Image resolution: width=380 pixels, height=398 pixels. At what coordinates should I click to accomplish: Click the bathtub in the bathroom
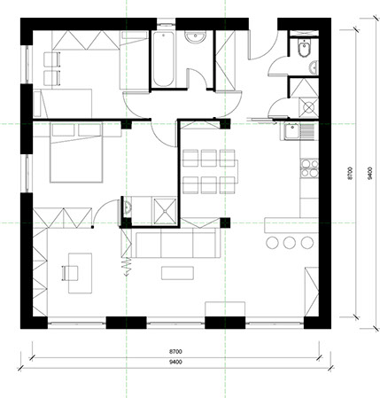click(x=163, y=59)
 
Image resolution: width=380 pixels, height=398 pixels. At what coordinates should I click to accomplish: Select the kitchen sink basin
click(x=292, y=131)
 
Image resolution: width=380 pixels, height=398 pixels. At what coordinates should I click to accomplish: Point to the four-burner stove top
click(x=309, y=168)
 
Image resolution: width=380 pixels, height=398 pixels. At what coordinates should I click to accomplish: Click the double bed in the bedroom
click(x=76, y=152)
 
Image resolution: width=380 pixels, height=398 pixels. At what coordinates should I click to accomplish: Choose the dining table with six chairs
click(x=210, y=171)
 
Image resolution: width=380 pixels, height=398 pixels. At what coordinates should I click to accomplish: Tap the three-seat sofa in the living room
click(x=175, y=243)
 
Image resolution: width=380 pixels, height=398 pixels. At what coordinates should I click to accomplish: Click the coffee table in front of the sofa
click(x=177, y=273)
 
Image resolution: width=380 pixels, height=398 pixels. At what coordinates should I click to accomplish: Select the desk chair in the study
click(x=70, y=273)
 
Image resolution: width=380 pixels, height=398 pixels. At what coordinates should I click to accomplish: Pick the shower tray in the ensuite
click(x=164, y=211)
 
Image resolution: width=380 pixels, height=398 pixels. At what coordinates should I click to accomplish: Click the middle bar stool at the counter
click(x=290, y=243)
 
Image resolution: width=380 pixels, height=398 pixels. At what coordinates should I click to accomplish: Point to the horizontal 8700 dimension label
click(x=175, y=352)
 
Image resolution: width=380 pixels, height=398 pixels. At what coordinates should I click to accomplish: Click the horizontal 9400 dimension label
click(x=175, y=362)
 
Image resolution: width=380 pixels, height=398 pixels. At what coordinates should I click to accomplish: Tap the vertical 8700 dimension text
click(x=350, y=173)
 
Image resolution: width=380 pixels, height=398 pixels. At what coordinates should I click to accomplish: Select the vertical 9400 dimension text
click(x=369, y=173)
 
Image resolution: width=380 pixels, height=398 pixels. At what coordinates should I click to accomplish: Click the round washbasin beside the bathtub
click(x=195, y=37)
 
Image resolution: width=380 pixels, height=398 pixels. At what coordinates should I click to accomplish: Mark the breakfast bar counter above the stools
click(x=291, y=225)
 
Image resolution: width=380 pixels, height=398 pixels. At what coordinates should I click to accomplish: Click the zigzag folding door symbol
click(x=127, y=267)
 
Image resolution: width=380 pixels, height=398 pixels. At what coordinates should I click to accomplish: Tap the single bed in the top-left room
click(x=63, y=103)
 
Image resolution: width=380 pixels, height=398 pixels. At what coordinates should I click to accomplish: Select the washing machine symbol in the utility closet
click(x=308, y=107)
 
